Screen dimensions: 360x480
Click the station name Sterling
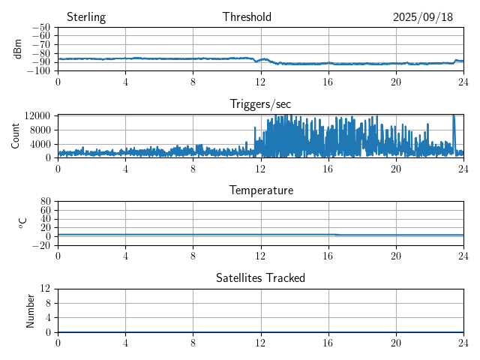[86, 17]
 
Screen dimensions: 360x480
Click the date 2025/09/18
[423, 17]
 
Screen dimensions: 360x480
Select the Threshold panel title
[247, 17]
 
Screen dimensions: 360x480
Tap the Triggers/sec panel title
[260, 104]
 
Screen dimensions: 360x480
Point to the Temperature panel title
[260, 190]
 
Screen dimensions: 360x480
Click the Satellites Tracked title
[260, 277]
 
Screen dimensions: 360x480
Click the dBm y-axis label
[17, 49]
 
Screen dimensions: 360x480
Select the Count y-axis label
[16, 136]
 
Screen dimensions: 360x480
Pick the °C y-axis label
[22, 223]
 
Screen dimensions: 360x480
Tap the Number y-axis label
[31, 310]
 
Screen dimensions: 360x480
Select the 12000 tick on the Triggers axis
[37, 115]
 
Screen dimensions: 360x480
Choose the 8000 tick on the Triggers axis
[40, 129]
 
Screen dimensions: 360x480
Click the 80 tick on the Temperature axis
[45, 202]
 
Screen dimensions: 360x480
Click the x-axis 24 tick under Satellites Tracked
[463, 341]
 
